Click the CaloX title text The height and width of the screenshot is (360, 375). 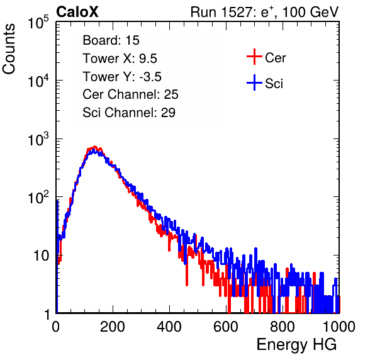(x=77, y=12)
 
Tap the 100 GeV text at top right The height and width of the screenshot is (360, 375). (x=310, y=12)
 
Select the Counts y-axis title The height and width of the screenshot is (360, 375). (x=9, y=49)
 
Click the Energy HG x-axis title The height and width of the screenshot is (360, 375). (x=296, y=345)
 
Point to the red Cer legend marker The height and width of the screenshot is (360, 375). (x=254, y=57)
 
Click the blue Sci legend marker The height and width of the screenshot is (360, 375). (x=254, y=83)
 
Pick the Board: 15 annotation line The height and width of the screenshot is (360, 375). (x=111, y=40)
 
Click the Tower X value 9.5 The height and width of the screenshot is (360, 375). (x=148, y=59)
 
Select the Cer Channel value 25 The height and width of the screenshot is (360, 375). (x=171, y=94)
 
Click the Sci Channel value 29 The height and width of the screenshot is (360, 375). (x=168, y=113)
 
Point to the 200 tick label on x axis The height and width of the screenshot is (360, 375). (x=113, y=327)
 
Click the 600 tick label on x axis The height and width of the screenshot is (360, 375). (x=226, y=327)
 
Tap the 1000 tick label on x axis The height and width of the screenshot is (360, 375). (x=339, y=327)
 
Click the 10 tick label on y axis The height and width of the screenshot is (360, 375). (x=42, y=256)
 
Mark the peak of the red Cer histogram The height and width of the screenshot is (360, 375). (x=95, y=147)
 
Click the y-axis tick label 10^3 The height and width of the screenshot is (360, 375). (x=38, y=139)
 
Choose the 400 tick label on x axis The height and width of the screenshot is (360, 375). (x=169, y=327)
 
